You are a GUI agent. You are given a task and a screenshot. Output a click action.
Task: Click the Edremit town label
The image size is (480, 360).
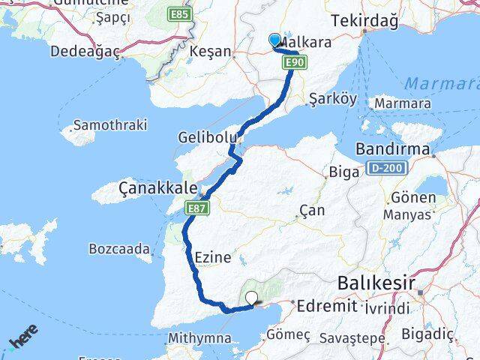pos(325,306)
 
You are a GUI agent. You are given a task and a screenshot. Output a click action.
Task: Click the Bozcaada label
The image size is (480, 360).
pos(119,247)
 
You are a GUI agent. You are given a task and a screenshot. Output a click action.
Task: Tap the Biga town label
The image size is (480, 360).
pos(345,172)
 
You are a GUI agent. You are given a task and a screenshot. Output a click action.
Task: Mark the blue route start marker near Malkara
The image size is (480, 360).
pos(275,42)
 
